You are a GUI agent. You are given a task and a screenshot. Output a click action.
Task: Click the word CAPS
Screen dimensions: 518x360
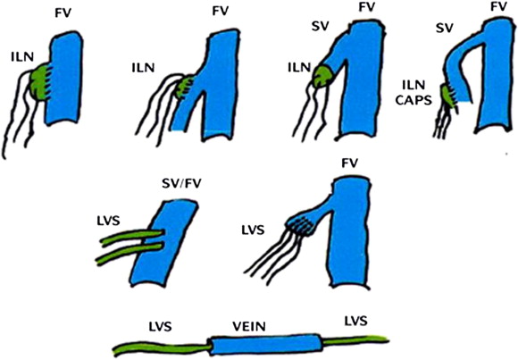pyautogui.click(x=414, y=100)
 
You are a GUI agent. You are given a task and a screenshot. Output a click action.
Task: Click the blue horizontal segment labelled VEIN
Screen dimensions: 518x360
pyautogui.click(x=265, y=344)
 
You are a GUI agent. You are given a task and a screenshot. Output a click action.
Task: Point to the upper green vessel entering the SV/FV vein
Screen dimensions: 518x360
pyautogui.click(x=132, y=238)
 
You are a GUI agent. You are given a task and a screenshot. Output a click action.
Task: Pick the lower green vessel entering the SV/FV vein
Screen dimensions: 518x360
pyautogui.click(x=129, y=255)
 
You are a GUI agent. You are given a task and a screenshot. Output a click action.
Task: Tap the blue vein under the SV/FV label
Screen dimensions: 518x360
pyautogui.click(x=164, y=243)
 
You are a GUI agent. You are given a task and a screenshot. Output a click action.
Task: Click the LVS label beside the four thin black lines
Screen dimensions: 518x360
pyautogui.click(x=253, y=230)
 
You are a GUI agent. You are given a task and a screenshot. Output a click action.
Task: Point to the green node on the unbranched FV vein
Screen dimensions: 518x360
pyautogui.click(x=39, y=83)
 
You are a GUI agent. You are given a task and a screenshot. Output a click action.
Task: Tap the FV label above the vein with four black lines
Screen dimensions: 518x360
pyautogui.click(x=350, y=163)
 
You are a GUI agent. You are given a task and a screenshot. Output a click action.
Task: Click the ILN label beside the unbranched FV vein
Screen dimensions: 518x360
pyautogui.click(x=22, y=57)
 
